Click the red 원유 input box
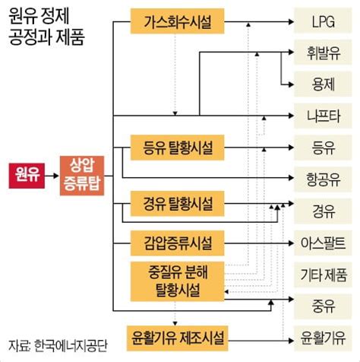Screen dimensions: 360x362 click(27, 176)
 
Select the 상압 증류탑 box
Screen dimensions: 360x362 click(82, 176)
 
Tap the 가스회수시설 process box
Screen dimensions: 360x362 click(177, 21)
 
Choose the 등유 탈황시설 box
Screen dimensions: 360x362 click(177, 148)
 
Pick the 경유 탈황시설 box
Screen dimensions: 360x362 click(177, 204)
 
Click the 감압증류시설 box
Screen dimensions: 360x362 click(177, 243)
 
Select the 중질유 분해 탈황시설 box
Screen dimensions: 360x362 click(177, 281)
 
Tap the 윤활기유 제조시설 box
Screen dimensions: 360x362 click(177, 338)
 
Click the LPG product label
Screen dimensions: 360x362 click(323, 21)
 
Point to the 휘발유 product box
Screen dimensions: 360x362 click(323, 52)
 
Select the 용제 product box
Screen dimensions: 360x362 click(323, 84)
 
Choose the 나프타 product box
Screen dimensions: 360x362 click(323, 116)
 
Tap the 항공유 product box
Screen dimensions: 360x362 click(323, 179)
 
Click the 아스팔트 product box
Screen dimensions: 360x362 click(323, 243)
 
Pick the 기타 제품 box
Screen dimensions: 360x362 click(323, 275)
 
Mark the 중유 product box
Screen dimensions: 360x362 click(323, 306)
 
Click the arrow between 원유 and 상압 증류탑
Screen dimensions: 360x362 click(52, 176)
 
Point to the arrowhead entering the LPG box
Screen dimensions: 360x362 click(291, 22)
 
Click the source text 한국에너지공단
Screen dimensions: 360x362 click(71, 345)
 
